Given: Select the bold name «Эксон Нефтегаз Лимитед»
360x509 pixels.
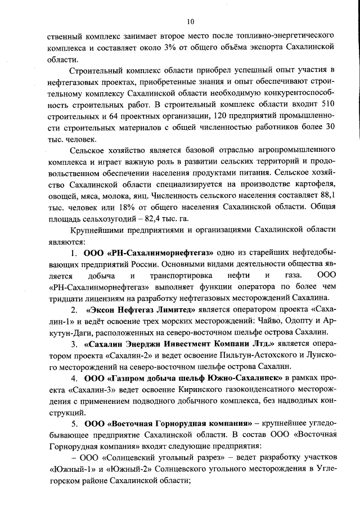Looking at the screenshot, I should (x=141, y=310).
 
